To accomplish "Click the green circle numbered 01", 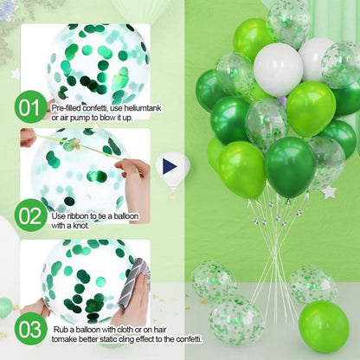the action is tap(30, 106).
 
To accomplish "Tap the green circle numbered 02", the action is tap(30, 215).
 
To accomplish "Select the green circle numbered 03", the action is tap(30, 329).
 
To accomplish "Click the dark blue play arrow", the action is tap(170, 167).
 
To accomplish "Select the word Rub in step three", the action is tap(61, 330).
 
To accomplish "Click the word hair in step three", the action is tap(159, 330).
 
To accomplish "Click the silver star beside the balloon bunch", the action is tap(329, 192).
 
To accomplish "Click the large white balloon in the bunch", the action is tap(279, 70).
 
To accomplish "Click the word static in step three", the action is tap(108, 339).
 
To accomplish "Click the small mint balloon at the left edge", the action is tap(5, 307).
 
